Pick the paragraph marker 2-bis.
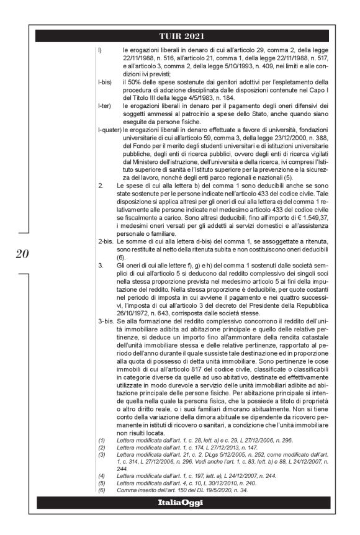pyautogui.click(x=106, y=239)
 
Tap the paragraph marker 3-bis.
pyautogui.click(x=106, y=321)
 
